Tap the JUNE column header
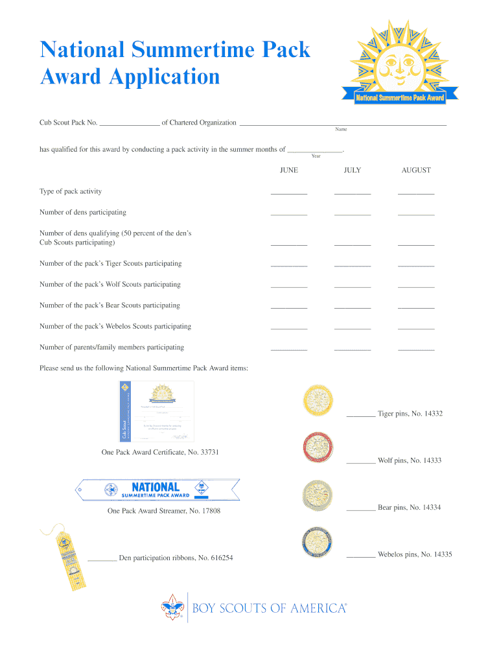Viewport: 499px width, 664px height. tap(289, 170)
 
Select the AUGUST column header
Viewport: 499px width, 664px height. tap(416, 170)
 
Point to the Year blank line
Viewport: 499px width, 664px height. tap(315, 150)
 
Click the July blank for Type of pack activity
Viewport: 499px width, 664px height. tap(353, 193)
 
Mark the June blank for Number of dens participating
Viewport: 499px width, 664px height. tap(289, 214)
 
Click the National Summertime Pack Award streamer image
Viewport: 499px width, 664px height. tap(157, 490)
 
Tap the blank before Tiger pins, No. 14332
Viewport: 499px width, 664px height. tap(361, 415)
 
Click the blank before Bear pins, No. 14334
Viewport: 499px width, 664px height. tap(361, 509)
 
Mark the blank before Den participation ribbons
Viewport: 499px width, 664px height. tap(102, 559)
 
